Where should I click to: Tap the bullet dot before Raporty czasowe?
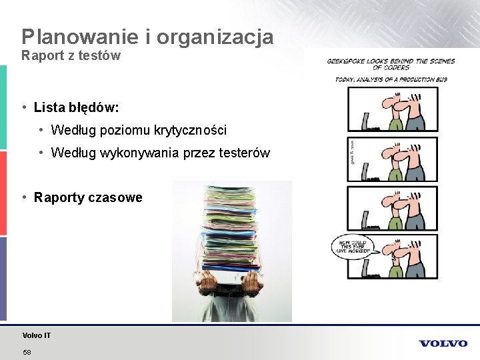(x=24, y=197)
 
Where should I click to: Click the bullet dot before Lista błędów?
(x=24, y=107)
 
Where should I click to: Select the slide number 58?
(x=27, y=351)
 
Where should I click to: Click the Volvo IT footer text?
(x=36, y=335)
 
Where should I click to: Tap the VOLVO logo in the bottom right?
(x=443, y=343)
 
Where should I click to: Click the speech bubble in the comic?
(x=351, y=247)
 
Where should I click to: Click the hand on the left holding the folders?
(x=208, y=283)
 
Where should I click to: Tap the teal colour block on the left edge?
(x=3, y=107)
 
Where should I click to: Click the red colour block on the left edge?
(x=3, y=193)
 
